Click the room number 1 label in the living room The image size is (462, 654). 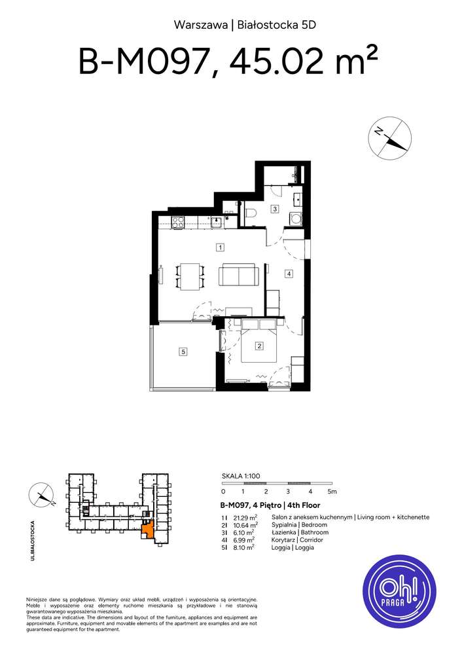tap(221, 247)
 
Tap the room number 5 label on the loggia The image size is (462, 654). tap(184, 352)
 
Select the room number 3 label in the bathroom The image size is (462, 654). tap(275, 209)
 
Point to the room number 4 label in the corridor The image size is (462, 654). tap(288, 274)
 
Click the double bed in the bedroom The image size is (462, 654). tap(261, 347)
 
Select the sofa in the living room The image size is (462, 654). tap(238, 275)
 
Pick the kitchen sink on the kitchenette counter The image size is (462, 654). tap(216, 221)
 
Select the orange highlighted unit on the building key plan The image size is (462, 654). tap(149, 529)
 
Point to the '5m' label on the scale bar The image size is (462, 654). tap(332, 491)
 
